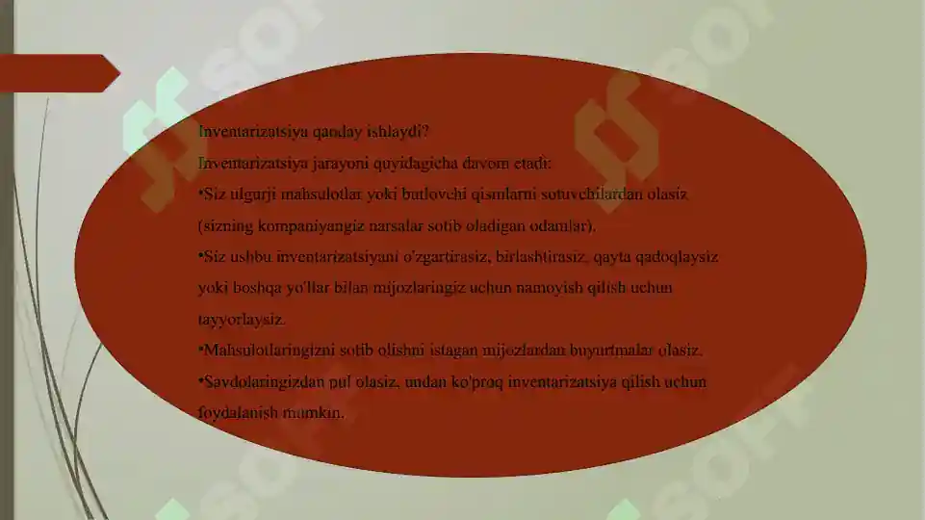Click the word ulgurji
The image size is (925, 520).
(x=248, y=195)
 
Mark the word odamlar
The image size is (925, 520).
(x=566, y=226)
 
